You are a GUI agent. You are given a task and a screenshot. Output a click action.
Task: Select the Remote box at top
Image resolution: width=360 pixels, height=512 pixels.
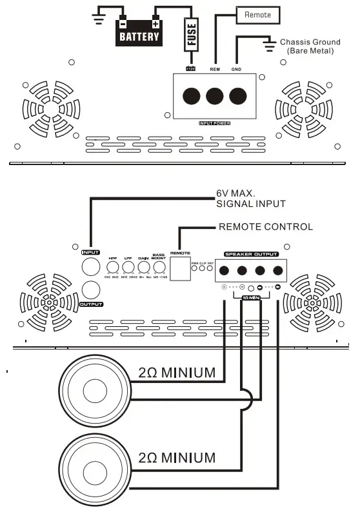coord(258,14)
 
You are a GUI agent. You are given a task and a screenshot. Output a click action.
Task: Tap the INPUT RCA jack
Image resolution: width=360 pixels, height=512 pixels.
coord(91,268)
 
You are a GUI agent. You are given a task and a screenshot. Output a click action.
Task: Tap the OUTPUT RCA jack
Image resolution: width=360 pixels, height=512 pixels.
coord(91,290)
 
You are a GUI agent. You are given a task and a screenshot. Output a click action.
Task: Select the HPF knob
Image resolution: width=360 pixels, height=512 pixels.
coord(112,268)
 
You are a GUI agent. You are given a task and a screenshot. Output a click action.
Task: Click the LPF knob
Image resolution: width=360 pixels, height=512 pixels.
coord(128,268)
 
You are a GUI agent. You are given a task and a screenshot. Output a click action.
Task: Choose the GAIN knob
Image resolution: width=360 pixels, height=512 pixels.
coord(144,268)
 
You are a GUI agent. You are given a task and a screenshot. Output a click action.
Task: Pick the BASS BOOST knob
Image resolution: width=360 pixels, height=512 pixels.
coord(159,268)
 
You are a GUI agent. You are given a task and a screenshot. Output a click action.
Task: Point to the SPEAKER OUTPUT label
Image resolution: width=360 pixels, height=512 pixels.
coord(251,254)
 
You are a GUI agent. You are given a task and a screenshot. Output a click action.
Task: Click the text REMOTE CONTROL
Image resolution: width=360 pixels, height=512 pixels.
coord(266,226)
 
